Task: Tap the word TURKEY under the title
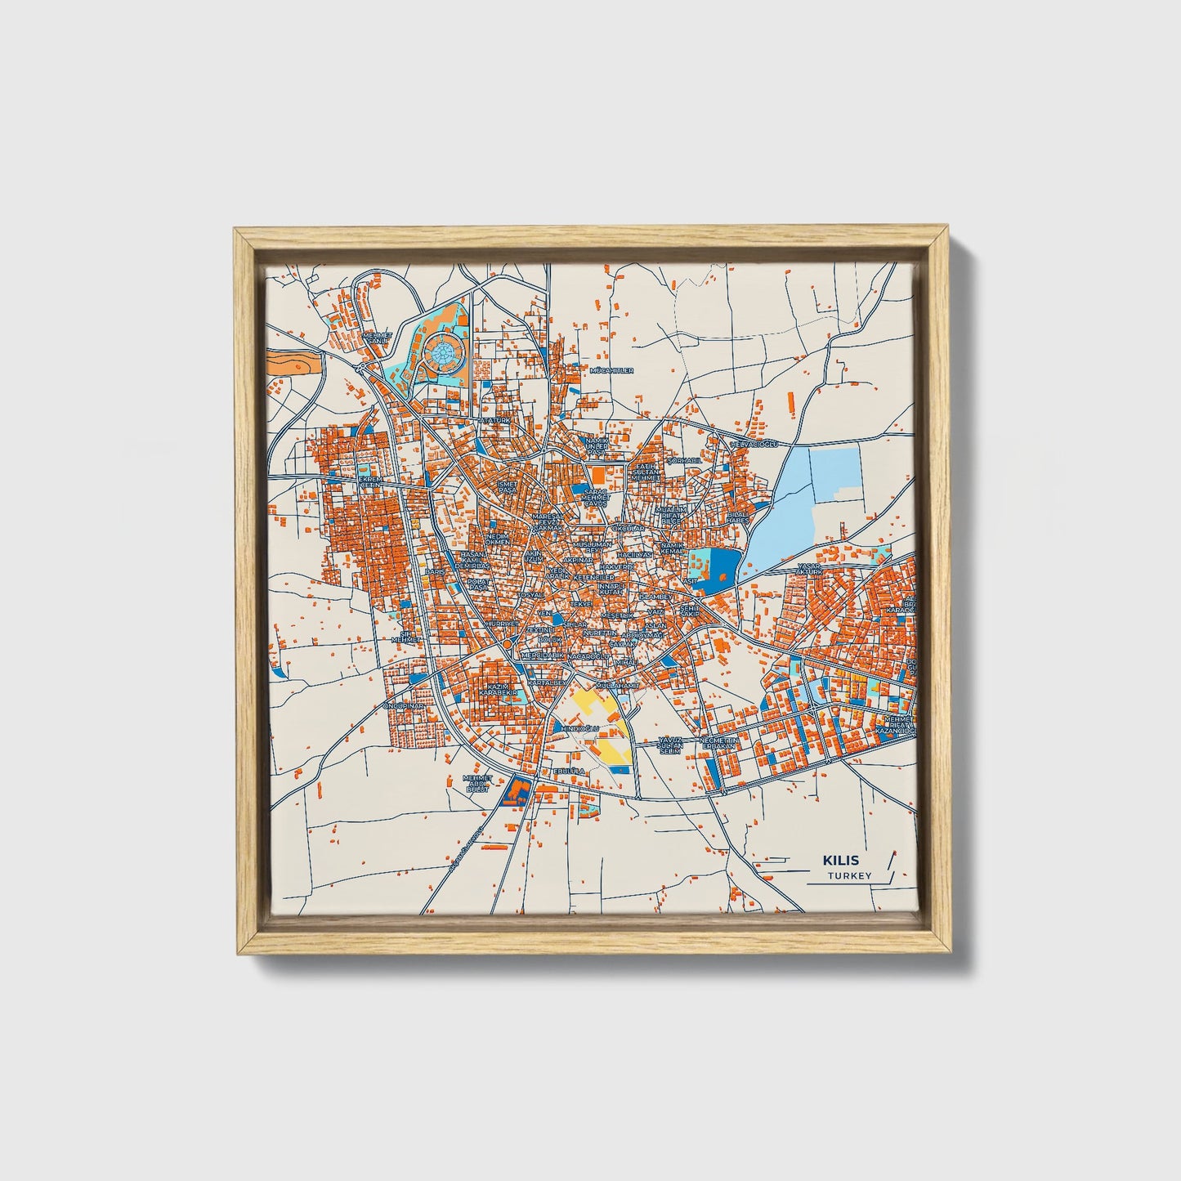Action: click(x=849, y=876)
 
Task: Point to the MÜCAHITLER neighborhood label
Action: click(x=611, y=370)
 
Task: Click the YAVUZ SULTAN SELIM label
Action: click(x=670, y=745)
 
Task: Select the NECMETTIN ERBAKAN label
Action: click(x=719, y=742)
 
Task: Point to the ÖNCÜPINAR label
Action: click(x=405, y=706)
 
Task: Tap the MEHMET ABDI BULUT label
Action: click(x=476, y=784)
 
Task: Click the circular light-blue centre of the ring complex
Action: click(x=442, y=352)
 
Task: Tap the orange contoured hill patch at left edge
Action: click(x=292, y=362)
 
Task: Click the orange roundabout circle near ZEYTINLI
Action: click(x=507, y=645)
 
